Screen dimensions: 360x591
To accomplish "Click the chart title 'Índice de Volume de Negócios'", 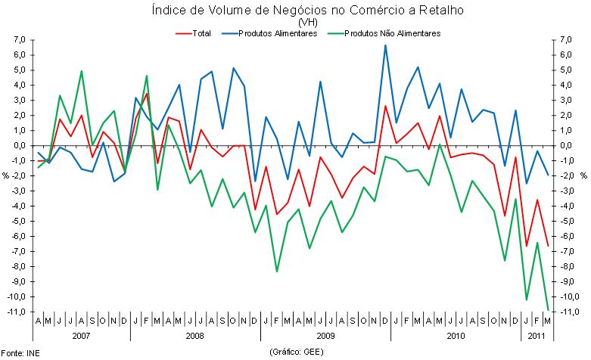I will pos(294,11).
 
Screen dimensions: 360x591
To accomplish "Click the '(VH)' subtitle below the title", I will pos(295,23).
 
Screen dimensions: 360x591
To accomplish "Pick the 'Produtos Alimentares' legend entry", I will pos(277,33).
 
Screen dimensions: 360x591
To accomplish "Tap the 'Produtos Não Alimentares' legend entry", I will pos(391,33).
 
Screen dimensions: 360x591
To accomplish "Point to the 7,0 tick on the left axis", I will pos(20,39).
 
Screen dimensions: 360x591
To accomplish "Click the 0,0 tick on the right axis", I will pos(569,145).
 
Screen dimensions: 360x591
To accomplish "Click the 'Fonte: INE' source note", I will pos(20,353).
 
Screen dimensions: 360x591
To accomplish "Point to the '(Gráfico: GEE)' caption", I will pos(295,352).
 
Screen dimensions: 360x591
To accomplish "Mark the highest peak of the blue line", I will pos(385,45).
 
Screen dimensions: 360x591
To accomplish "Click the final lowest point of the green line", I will pos(547,309).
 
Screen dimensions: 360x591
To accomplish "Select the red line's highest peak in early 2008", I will pos(147,94).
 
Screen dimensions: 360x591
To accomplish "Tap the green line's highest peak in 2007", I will pos(82,71).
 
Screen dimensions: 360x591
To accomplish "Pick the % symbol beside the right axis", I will pos(584,175).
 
